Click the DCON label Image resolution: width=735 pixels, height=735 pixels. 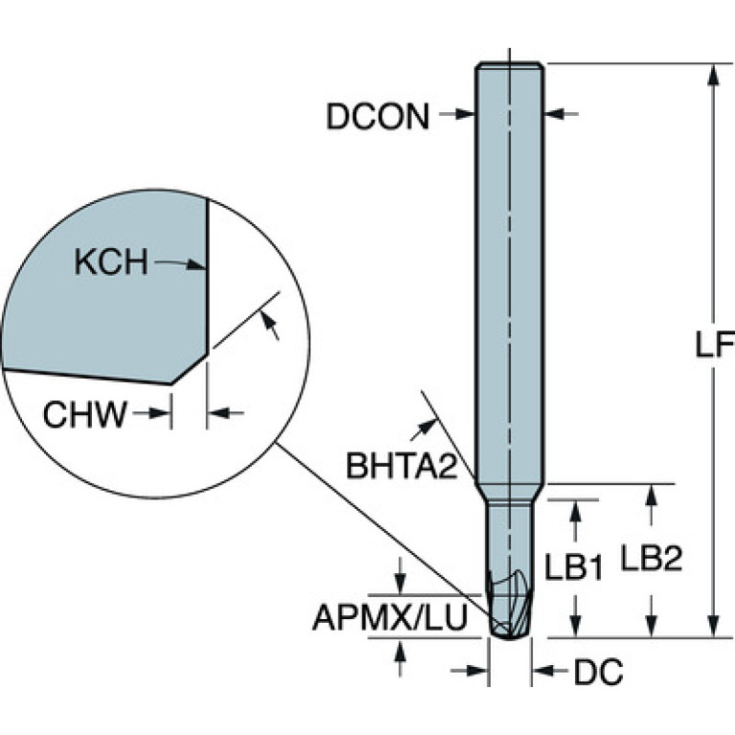tap(378, 117)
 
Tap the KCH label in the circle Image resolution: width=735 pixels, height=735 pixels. tap(111, 262)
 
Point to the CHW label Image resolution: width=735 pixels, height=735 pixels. tap(85, 414)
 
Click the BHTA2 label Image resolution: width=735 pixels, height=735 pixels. tap(402, 466)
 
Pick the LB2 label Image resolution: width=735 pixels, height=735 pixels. tap(652, 558)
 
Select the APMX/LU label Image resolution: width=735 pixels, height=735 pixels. tap(390, 617)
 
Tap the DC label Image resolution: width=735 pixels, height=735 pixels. tap(599, 672)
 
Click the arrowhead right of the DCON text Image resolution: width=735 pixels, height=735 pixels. tap(465, 113)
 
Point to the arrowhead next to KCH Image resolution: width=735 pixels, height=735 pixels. tap(196, 264)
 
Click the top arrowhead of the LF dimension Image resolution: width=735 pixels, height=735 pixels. tap(713, 74)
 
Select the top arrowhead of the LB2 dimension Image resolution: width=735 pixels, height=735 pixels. tap(650, 495)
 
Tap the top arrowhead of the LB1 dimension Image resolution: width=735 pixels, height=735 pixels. tap(576, 511)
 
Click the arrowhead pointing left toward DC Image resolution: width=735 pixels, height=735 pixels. tap(542, 671)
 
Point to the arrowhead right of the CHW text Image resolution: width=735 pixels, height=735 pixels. tap(161, 413)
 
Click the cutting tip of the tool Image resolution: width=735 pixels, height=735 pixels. tap(510, 637)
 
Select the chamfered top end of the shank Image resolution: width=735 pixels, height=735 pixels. tap(510, 65)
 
